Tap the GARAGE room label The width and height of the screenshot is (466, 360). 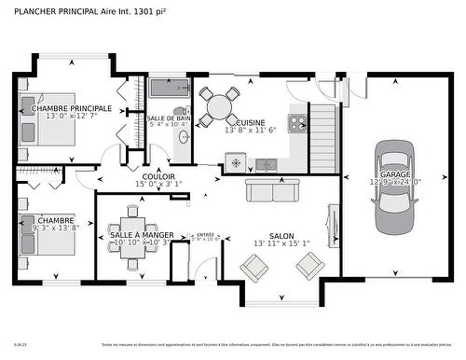(395, 173)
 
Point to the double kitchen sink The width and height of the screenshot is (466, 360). (267, 164)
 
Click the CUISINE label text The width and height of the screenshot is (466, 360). (250, 122)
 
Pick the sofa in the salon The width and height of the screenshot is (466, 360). (273, 190)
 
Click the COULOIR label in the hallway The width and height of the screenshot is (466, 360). (158, 176)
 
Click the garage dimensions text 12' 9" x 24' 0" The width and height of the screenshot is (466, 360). (395, 183)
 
